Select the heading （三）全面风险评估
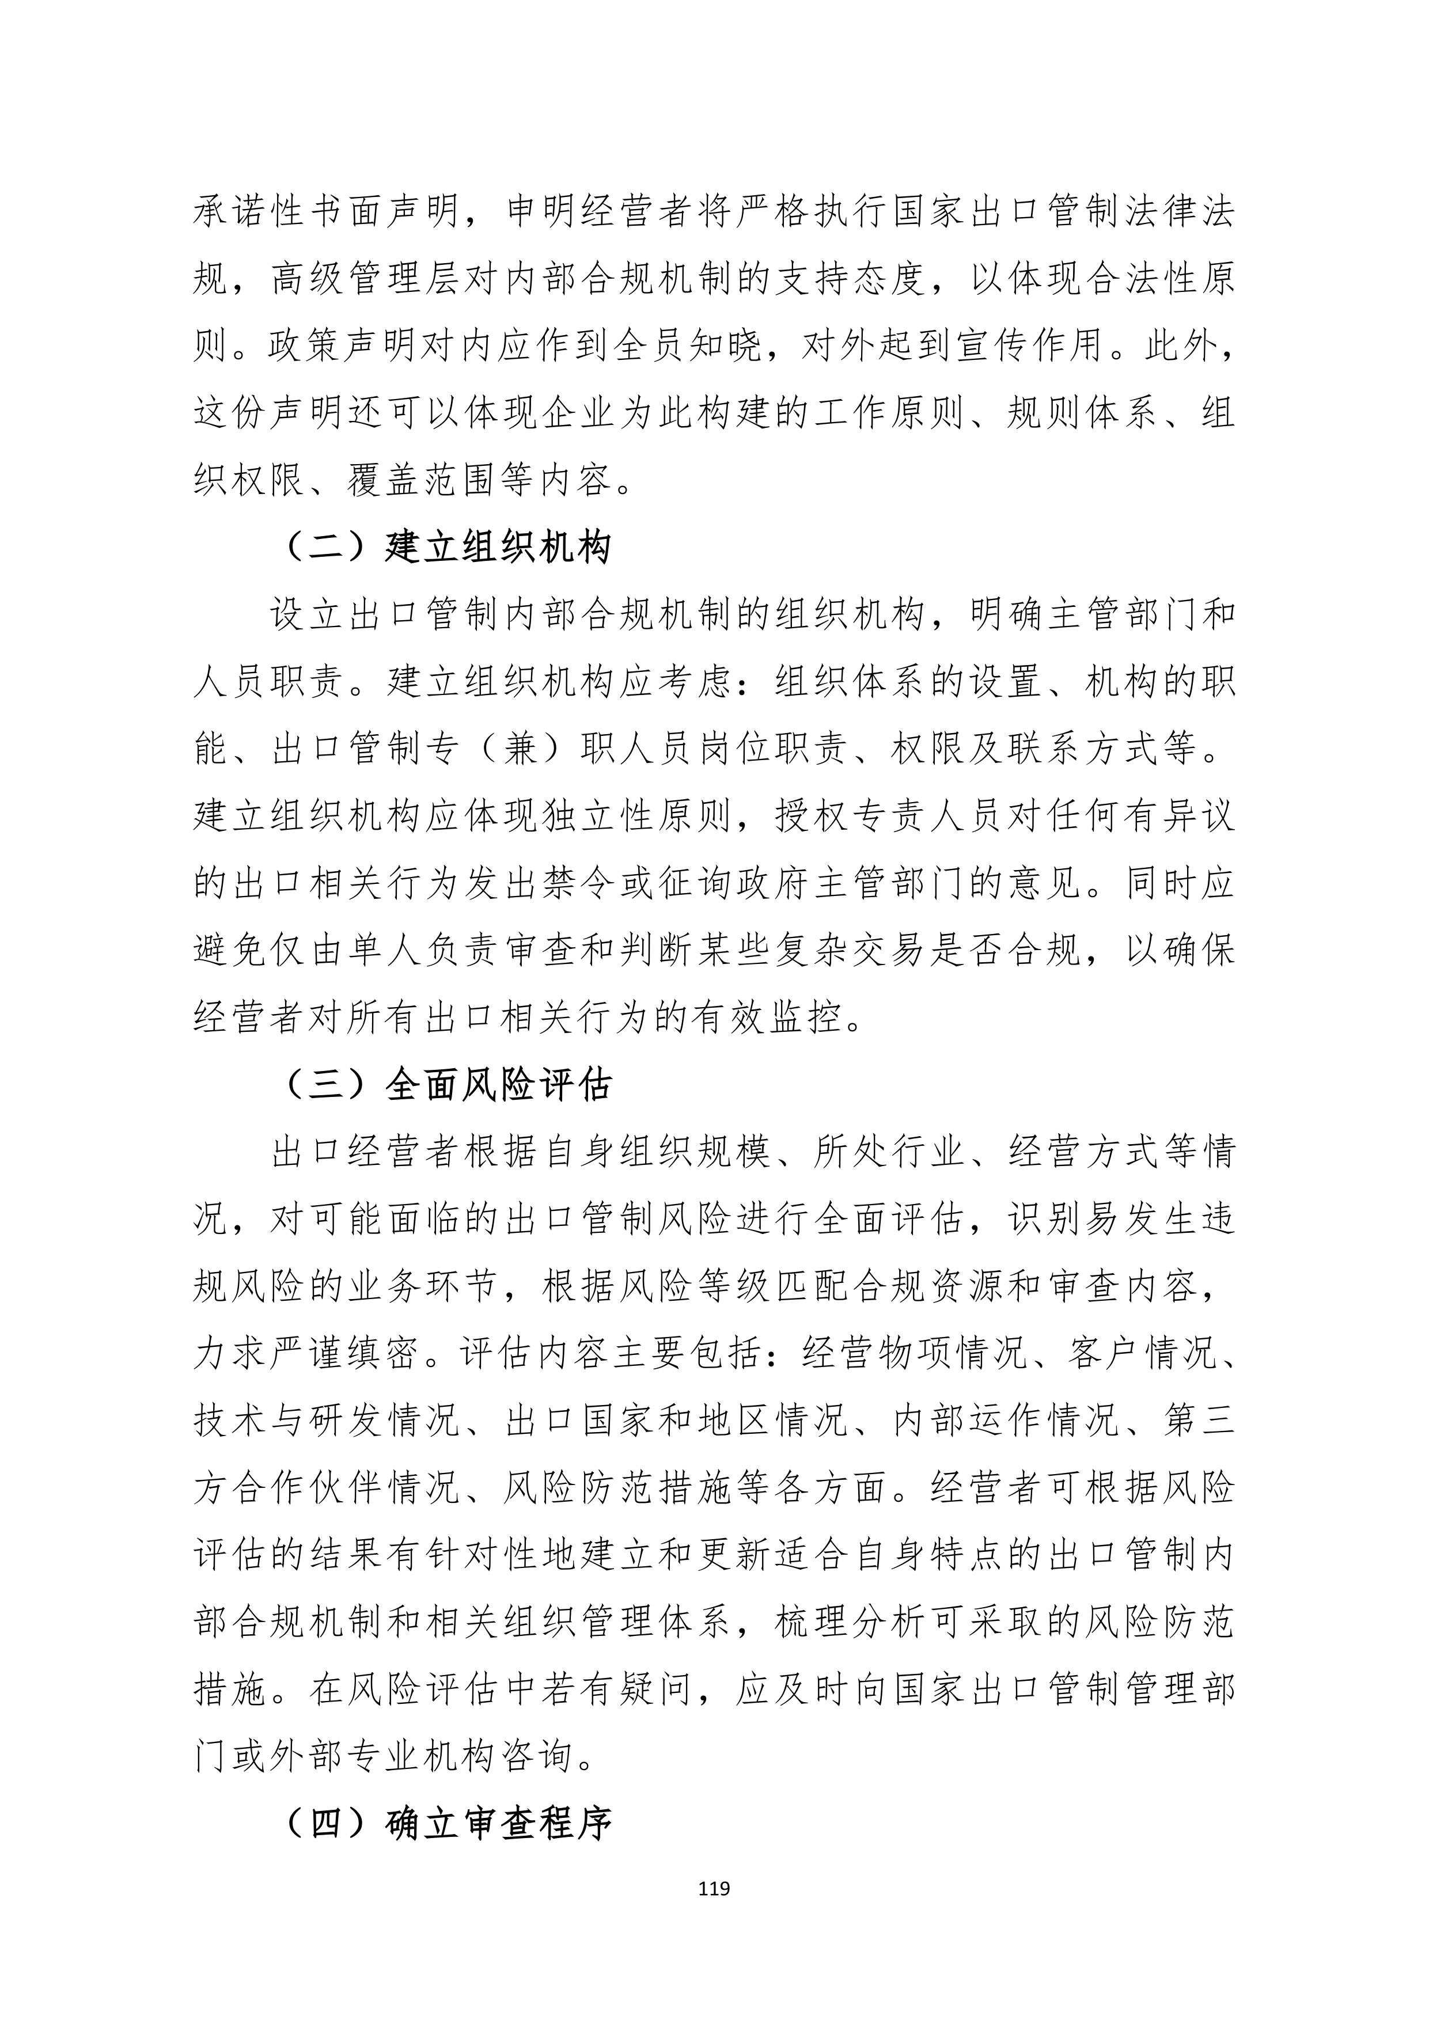click(448, 1085)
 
